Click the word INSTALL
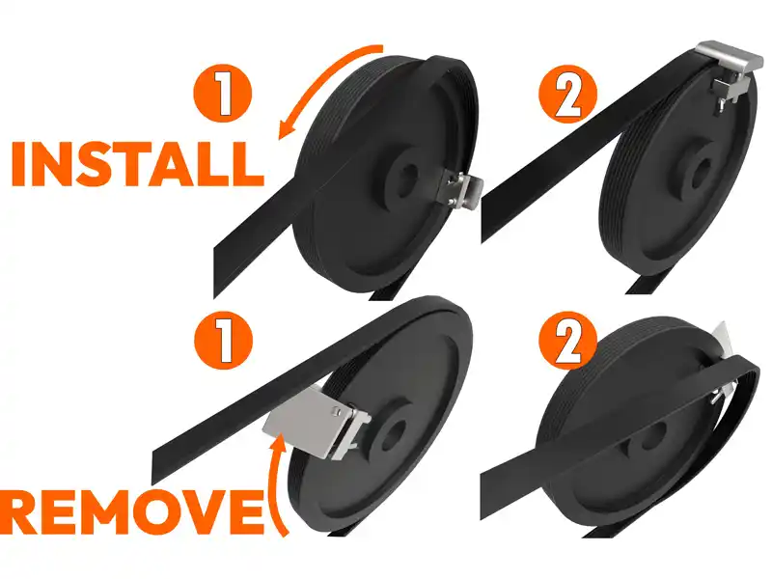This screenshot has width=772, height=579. [138, 164]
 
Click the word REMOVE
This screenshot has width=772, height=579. [131, 512]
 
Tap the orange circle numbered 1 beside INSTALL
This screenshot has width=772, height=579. [223, 94]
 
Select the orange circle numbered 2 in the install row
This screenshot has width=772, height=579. [567, 94]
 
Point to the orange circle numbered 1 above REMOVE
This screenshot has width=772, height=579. [223, 340]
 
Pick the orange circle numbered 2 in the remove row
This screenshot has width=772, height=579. [567, 340]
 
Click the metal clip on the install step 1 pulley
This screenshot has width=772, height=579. [464, 190]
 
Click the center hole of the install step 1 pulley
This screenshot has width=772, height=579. [408, 176]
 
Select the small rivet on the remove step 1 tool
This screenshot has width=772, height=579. [336, 409]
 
